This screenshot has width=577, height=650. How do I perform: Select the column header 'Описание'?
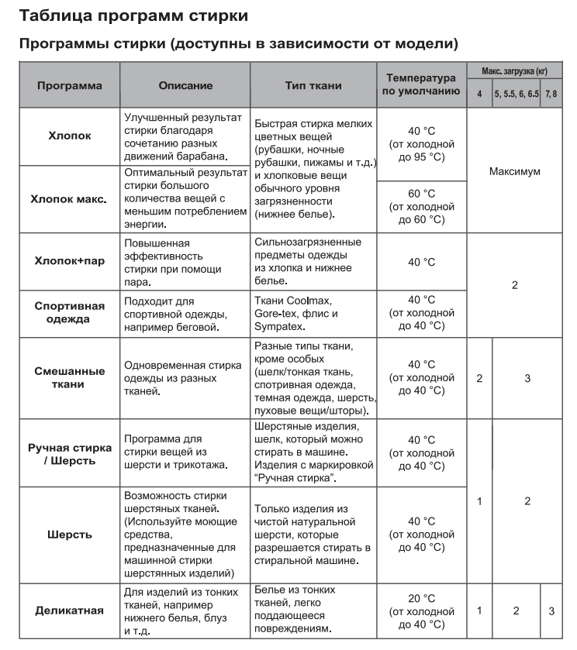(185, 86)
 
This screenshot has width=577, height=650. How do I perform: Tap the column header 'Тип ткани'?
(313, 86)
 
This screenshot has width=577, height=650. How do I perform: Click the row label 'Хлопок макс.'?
(69, 198)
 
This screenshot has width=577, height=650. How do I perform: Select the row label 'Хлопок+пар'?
(69, 261)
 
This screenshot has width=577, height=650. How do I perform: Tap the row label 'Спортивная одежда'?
(69, 313)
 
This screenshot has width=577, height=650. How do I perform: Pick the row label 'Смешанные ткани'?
(69, 377)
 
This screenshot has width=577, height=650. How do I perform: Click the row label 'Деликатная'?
(69, 610)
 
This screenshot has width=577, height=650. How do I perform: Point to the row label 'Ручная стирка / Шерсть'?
(69, 454)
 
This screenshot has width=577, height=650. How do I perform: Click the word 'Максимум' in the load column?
(514, 170)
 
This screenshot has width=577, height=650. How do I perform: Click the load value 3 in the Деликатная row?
(551, 610)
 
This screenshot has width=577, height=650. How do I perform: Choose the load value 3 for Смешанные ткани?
(527, 378)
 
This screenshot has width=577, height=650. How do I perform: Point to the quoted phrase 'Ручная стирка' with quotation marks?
(293, 477)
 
